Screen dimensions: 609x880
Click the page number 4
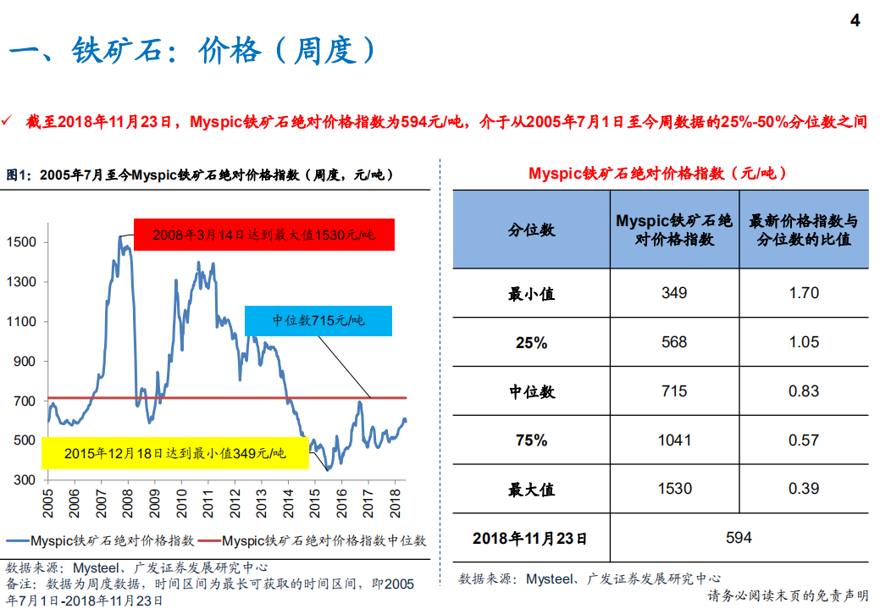[855, 20]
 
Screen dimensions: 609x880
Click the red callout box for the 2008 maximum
[263, 235]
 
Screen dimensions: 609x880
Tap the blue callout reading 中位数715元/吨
[318, 320]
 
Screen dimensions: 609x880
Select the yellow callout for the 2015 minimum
[174, 453]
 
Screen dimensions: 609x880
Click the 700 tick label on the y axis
[25, 401]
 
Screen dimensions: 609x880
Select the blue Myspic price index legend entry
[102, 540]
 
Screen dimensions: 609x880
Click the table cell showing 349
[674, 293]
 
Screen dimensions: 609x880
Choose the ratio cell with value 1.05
[804, 342]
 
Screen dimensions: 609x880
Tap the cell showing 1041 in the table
[675, 440]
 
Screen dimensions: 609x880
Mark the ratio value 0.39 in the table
[804, 489]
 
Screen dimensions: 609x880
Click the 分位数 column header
[531, 230]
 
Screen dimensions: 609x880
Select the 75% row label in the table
[531, 440]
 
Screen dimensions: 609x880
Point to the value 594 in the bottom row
[739, 538]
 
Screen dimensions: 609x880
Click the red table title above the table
[658, 173]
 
